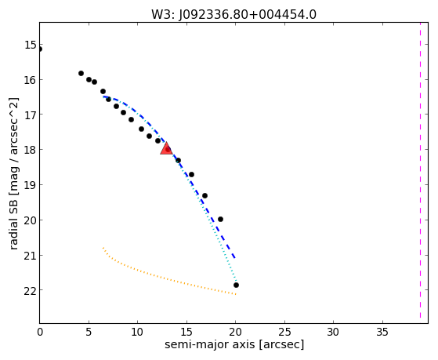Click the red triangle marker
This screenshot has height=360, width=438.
tap(166, 148)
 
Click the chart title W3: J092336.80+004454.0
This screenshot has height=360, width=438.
tap(233, 14)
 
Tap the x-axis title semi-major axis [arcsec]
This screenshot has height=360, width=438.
tap(234, 344)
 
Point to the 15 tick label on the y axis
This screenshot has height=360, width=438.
tap(31, 45)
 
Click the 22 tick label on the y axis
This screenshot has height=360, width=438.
tap(31, 291)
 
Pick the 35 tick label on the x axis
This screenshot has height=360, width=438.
tap(382, 332)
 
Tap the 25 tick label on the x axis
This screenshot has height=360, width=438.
tap(284, 332)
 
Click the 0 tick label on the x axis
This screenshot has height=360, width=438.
tap(40, 332)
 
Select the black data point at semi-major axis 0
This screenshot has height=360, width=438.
tap(40, 49)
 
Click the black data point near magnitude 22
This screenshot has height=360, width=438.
tap(236, 285)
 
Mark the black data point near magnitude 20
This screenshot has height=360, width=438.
tap(220, 219)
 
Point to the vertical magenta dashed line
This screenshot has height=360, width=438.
tap(420, 170)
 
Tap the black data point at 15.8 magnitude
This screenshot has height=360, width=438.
tap(81, 73)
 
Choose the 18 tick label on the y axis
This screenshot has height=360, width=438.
tap(31, 150)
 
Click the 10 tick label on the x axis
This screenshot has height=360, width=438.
tap(137, 332)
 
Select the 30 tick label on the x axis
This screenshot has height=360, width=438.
tap(333, 332)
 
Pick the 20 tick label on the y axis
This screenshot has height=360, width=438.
tap(31, 220)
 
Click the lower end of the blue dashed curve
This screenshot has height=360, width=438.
tap(235, 257)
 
